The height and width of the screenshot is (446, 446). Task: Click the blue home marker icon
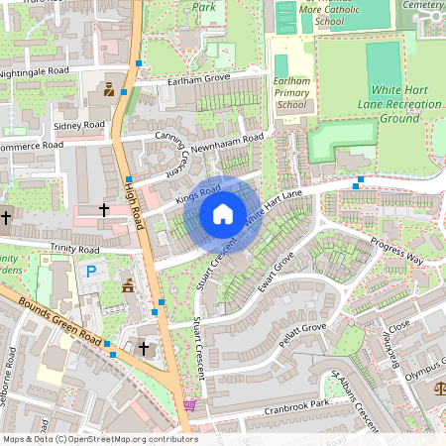point(223,213)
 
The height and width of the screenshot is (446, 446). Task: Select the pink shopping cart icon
point(189,404)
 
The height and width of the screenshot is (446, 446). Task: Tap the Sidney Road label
point(79,126)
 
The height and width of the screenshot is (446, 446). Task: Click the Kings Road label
point(197,193)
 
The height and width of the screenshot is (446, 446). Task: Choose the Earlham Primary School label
point(291,92)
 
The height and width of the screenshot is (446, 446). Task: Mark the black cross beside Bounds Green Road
point(144,348)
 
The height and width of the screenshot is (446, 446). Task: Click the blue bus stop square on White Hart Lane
point(359,180)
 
